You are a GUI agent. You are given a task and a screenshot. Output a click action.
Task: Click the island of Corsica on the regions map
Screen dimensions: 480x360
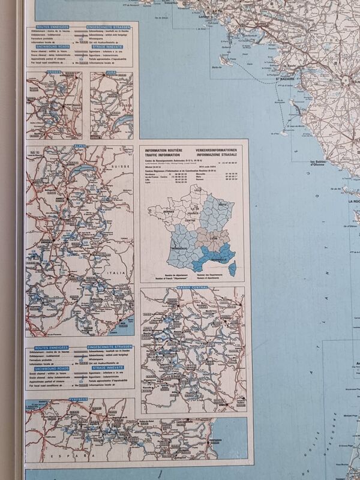(x=235, y=265)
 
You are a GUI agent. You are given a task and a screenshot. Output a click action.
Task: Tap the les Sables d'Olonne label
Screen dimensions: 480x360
(x=317, y=163)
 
